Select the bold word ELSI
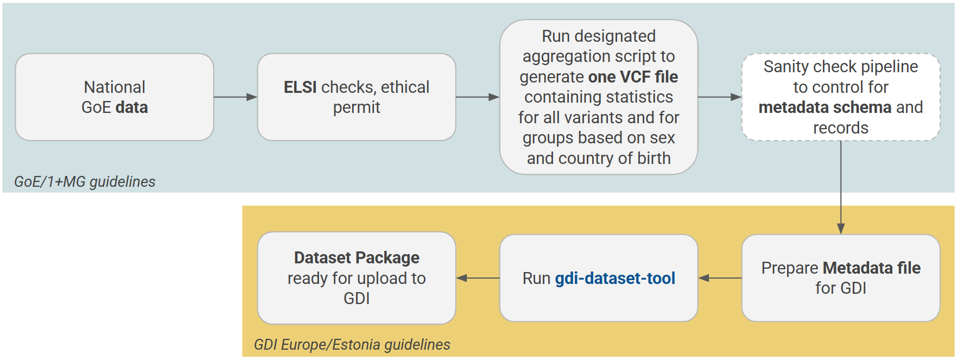click(300, 87)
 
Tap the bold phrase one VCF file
click(633, 77)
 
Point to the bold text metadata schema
click(824, 108)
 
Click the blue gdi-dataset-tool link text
click(614, 278)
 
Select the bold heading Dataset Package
click(356, 257)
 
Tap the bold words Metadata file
click(871, 268)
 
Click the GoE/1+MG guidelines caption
click(85, 181)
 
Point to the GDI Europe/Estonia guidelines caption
click(352, 344)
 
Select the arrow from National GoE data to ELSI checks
click(235, 97)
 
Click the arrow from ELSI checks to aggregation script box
click(477, 97)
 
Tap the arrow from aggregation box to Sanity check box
click(719, 97)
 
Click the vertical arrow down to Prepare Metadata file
click(840, 187)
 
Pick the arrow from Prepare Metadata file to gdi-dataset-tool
click(720, 278)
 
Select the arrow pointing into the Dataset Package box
click(478, 278)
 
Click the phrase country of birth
click(614, 158)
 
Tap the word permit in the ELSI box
click(356, 108)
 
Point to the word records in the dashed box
click(840, 128)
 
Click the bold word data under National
click(131, 108)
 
